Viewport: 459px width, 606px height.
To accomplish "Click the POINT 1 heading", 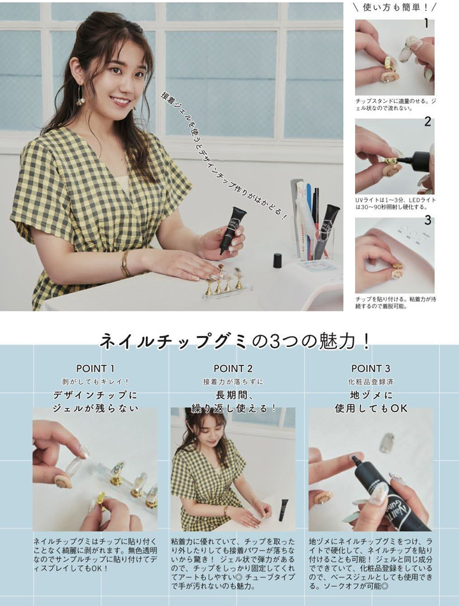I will pyautogui.click(x=96, y=369).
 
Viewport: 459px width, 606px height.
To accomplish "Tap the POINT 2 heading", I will pyautogui.click(x=233, y=369).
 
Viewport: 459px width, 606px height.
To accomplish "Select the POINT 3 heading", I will pyautogui.click(x=370, y=369).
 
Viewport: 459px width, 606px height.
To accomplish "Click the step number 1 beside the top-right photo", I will pyautogui.click(x=426, y=24).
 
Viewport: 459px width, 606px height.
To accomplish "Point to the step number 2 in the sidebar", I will pyautogui.click(x=427, y=121).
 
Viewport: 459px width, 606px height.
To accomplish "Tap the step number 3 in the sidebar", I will pyautogui.click(x=427, y=221).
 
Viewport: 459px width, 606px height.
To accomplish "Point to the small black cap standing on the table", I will pyautogui.click(x=277, y=260).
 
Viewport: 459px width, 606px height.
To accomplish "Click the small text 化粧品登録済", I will pyautogui.click(x=370, y=381).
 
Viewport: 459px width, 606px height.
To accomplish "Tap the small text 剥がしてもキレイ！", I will pyautogui.click(x=96, y=381).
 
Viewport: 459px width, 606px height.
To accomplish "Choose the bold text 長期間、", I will pyautogui.click(x=233, y=395).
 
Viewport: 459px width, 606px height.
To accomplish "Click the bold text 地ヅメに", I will pyautogui.click(x=370, y=395).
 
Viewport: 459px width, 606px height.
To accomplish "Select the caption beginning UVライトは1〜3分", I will pyautogui.click(x=395, y=204).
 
